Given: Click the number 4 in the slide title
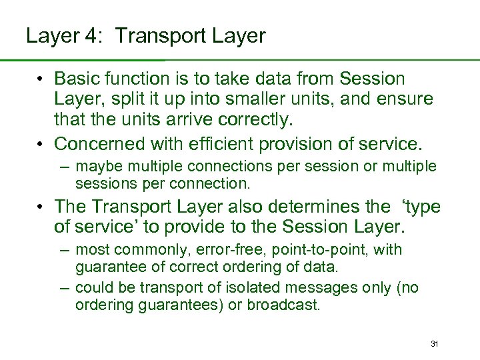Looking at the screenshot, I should coord(90,36).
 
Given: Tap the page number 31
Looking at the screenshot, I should coord(434,344).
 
